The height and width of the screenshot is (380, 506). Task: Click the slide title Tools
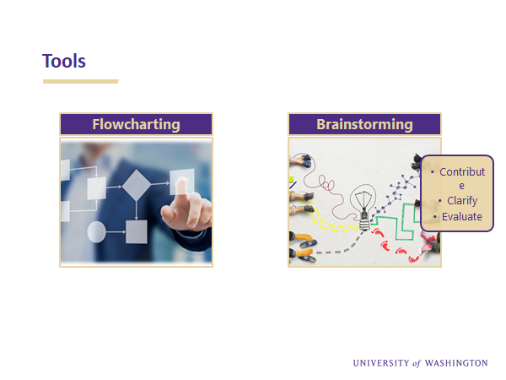(64, 61)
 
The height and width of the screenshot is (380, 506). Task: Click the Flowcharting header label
(136, 124)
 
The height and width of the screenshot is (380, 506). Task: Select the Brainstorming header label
(364, 124)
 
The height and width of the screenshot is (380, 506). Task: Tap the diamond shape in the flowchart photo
(137, 185)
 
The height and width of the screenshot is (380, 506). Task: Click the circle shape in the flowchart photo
(96, 231)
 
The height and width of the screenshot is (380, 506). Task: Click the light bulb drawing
(364, 207)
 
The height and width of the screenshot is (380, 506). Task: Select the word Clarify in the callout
(462, 201)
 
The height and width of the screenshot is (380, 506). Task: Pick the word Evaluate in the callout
(462, 216)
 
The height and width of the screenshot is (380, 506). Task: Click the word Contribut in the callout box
(462, 172)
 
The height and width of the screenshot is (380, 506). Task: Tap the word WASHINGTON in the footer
(456, 363)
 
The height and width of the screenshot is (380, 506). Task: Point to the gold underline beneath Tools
(81, 81)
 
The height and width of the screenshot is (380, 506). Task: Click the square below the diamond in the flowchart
(137, 231)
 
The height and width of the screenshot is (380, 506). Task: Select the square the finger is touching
(181, 182)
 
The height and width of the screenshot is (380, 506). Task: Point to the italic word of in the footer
(417, 363)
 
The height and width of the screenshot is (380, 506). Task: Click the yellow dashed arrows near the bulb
(329, 223)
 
